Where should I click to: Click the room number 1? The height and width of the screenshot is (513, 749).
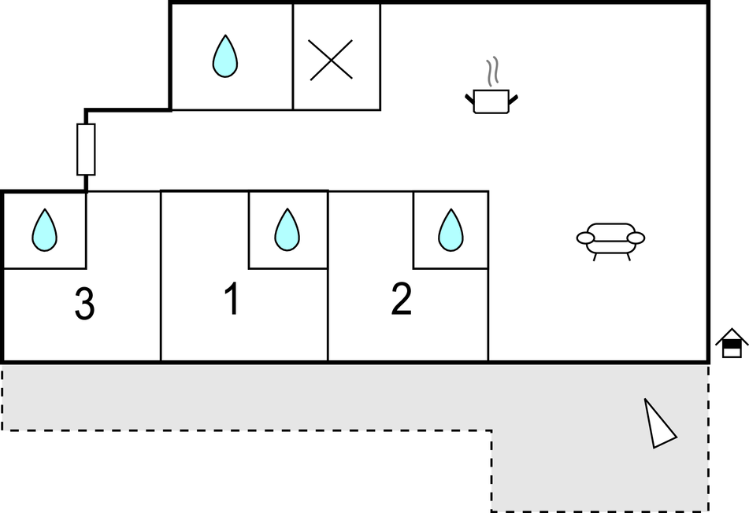(x=232, y=299)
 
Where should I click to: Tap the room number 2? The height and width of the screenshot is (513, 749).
(x=401, y=299)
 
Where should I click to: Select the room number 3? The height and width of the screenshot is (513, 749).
(x=84, y=304)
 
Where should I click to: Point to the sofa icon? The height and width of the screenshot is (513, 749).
(x=610, y=242)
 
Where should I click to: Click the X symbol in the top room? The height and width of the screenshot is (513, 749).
(x=331, y=60)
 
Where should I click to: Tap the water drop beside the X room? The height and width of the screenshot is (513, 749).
(x=225, y=57)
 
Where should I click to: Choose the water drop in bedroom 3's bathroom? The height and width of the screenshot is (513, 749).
(x=44, y=230)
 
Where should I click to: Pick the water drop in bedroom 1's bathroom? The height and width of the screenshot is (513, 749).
(x=287, y=230)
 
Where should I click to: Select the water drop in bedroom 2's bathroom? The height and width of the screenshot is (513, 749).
(x=451, y=230)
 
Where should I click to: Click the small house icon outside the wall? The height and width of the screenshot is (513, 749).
(x=732, y=343)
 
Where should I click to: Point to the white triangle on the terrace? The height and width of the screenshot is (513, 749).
(x=659, y=424)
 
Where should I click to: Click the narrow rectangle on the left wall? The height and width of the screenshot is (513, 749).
(x=86, y=149)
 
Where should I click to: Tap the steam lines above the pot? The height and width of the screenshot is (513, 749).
(x=492, y=72)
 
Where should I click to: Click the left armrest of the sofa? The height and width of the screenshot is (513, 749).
(x=586, y=238)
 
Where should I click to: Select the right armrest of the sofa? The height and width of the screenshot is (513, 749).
(x=636, y=238)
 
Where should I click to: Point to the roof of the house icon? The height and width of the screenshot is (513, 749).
(x=732, y=336)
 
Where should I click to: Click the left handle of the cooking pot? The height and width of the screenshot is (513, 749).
(x=470, y=99)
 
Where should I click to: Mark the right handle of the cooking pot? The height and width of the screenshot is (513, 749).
(x=513, y=99)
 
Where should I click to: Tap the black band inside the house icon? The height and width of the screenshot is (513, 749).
(x=732, y=344)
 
